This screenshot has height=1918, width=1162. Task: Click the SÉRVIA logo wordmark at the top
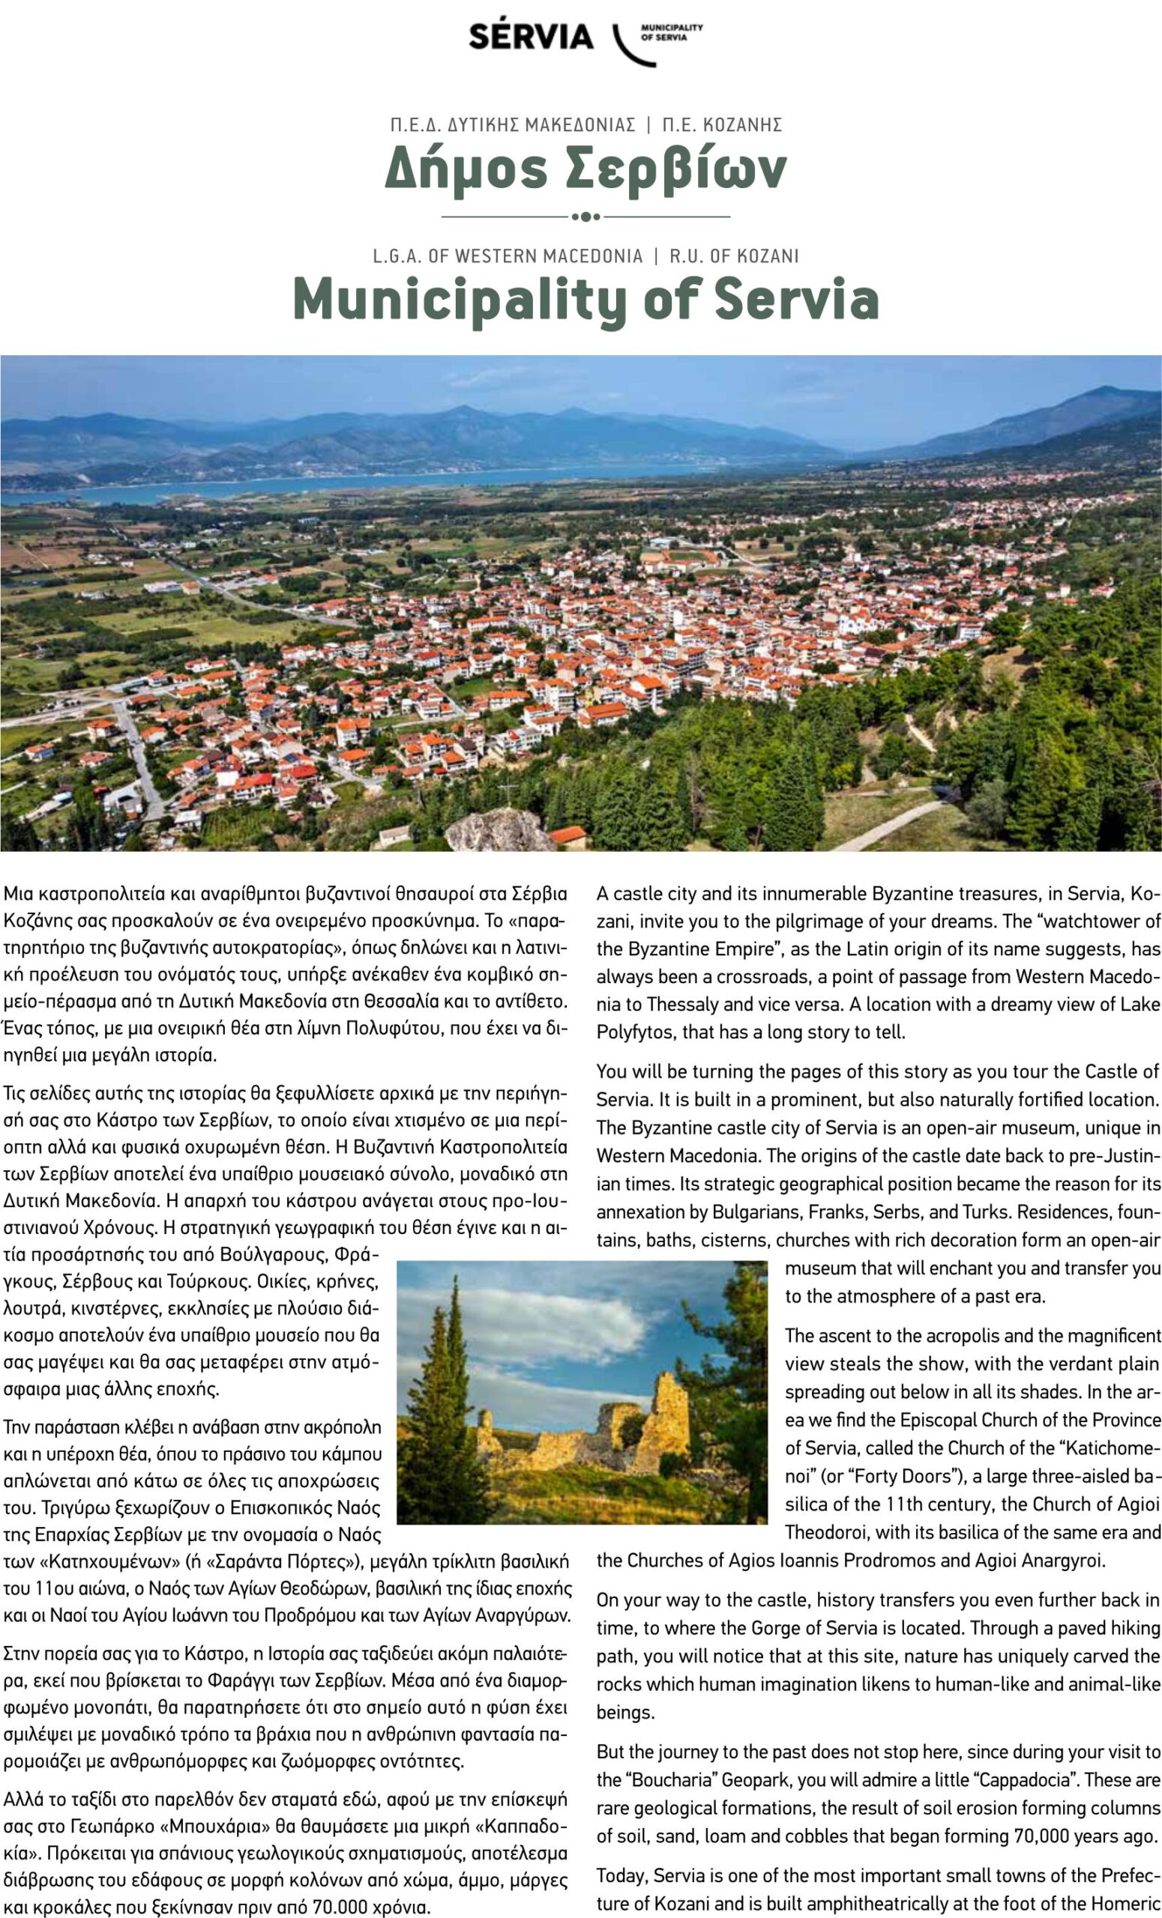(532, 36)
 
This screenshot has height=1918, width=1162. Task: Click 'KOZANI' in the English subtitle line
(766, 255)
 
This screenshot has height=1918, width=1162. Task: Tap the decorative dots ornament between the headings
(585, 217)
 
